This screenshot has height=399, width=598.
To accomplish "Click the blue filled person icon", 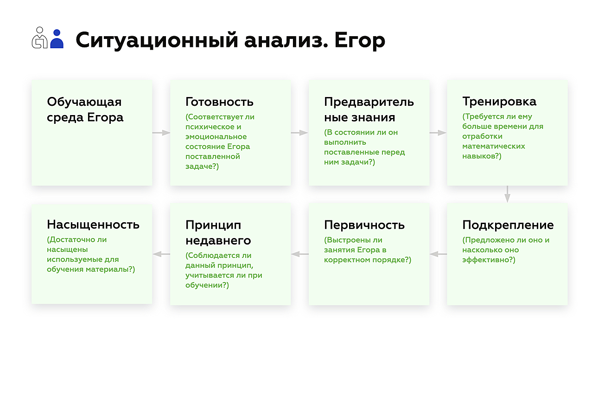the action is coord(57,39).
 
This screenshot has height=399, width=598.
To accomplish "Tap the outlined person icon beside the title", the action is coord(40,38).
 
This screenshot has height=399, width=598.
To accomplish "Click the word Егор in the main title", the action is coord(360,40).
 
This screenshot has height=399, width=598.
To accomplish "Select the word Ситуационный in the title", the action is coord(157,40).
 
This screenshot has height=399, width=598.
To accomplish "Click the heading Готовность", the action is coord(219,102).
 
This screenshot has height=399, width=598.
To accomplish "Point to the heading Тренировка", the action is coord(499,102).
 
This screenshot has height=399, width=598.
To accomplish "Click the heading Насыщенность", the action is coord(93,225).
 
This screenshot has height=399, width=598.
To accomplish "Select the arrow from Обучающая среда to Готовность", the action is coord(161,133).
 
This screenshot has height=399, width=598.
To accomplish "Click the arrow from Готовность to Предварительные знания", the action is coord(299,133).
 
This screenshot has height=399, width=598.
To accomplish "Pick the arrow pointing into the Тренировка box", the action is coord(438,133).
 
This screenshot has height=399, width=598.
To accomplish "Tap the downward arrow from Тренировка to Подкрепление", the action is coord(507,194).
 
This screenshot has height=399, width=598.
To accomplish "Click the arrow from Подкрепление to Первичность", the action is coord(439,254).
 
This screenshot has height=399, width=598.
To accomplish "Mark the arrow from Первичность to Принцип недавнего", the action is coord(300,254).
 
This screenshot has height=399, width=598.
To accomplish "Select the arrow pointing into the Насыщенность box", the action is coord(161,254).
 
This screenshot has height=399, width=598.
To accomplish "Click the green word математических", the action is coord(494,146).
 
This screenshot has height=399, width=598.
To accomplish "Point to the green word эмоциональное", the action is coord(216,136).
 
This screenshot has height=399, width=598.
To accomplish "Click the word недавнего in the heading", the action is coord(218,240).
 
